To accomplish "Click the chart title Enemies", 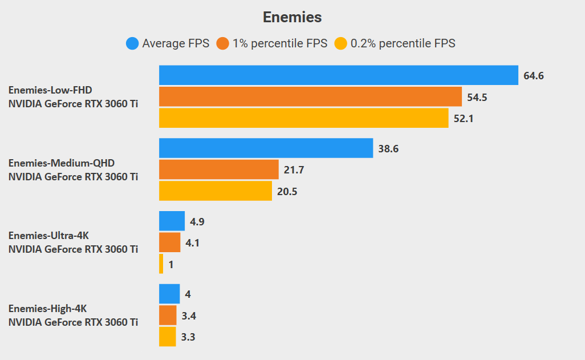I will (292, 17).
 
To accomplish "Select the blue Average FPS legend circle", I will (132, 43).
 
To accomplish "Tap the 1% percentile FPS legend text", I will (279, 43).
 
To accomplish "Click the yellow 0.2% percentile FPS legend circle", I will (341, 43).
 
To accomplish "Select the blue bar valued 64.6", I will (338, 75).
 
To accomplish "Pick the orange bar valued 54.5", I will (310, 97).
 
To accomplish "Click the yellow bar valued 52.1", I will (303, 118).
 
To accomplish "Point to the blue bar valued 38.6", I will (266, 148).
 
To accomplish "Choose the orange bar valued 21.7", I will (218, 169).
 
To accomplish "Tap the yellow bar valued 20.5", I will (215, 191).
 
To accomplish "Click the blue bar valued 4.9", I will (172, 221).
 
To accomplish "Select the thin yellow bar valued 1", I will (161, 264).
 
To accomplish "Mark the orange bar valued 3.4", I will (168, 315).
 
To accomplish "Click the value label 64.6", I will (534, 76).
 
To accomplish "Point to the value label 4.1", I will (193, 243).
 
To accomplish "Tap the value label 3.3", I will (188, 337).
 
